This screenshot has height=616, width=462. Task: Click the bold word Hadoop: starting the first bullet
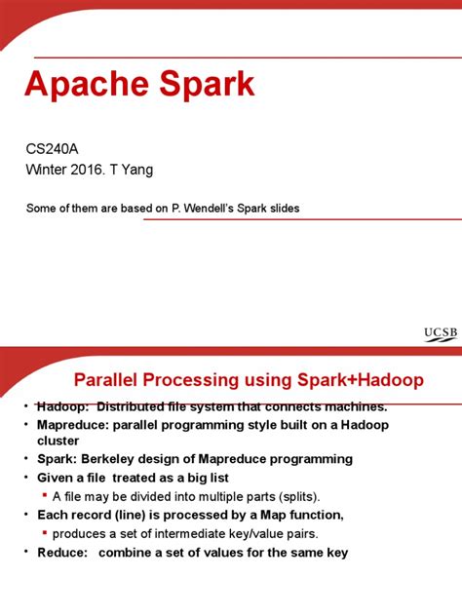(x=64, y=406)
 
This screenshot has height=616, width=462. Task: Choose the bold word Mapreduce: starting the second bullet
(x=74, y=425)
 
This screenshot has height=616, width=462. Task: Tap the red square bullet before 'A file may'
(x=46, y=495)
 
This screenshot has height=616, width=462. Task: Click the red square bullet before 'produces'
(x=46, y=533)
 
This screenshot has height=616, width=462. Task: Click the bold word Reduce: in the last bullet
(x=62, y=552)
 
